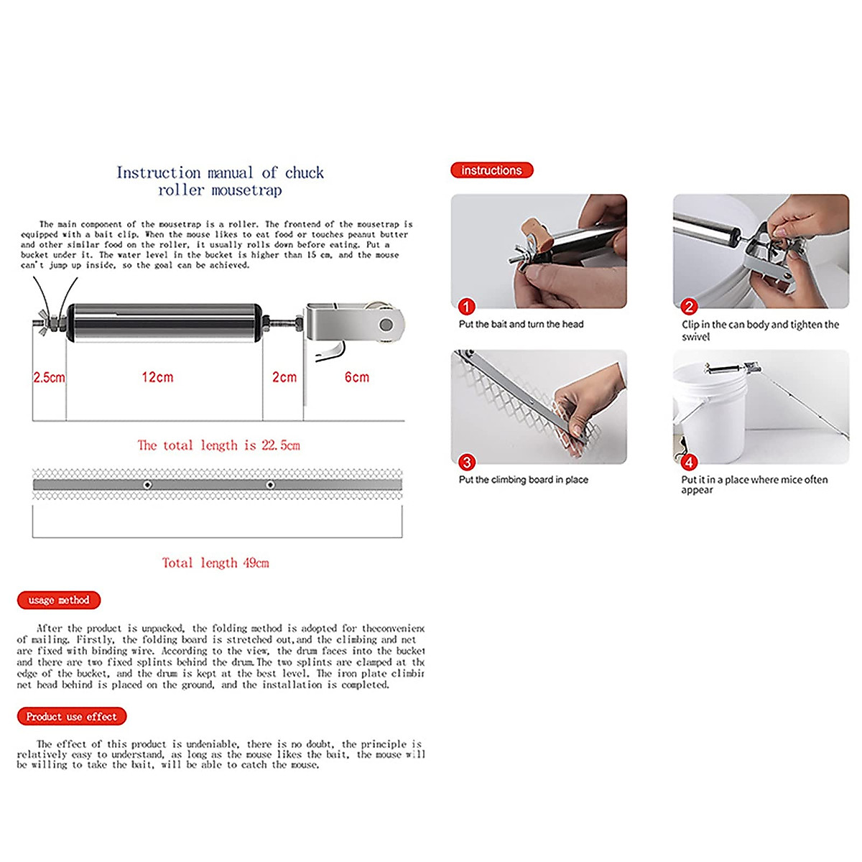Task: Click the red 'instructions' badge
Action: click(x=491, y=170)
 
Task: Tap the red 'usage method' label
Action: click(x=59, y=600)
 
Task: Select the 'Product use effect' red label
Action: click(x=71, y=716)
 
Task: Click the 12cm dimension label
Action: click(x=157, y=377)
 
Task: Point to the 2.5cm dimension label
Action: click(x=49, y=377)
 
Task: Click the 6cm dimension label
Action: click(x=356, y=377)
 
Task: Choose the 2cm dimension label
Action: click(x=284, y=377)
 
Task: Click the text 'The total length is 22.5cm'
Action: click(x=218, y=445)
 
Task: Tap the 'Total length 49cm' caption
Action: click(x=215, y=563)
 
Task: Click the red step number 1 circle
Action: click(x=466, y=307)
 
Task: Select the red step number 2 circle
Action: click(x=689, y=307)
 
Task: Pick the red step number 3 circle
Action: click(x=467, y=462)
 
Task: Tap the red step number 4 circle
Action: click(x=689, y=462)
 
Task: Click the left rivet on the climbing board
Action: click(x=147, y=485)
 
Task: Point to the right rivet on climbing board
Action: click(x=270, y=485)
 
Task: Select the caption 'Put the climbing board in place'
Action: click(x=523, y=480)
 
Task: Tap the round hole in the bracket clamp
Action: click(x=386, y=325)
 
